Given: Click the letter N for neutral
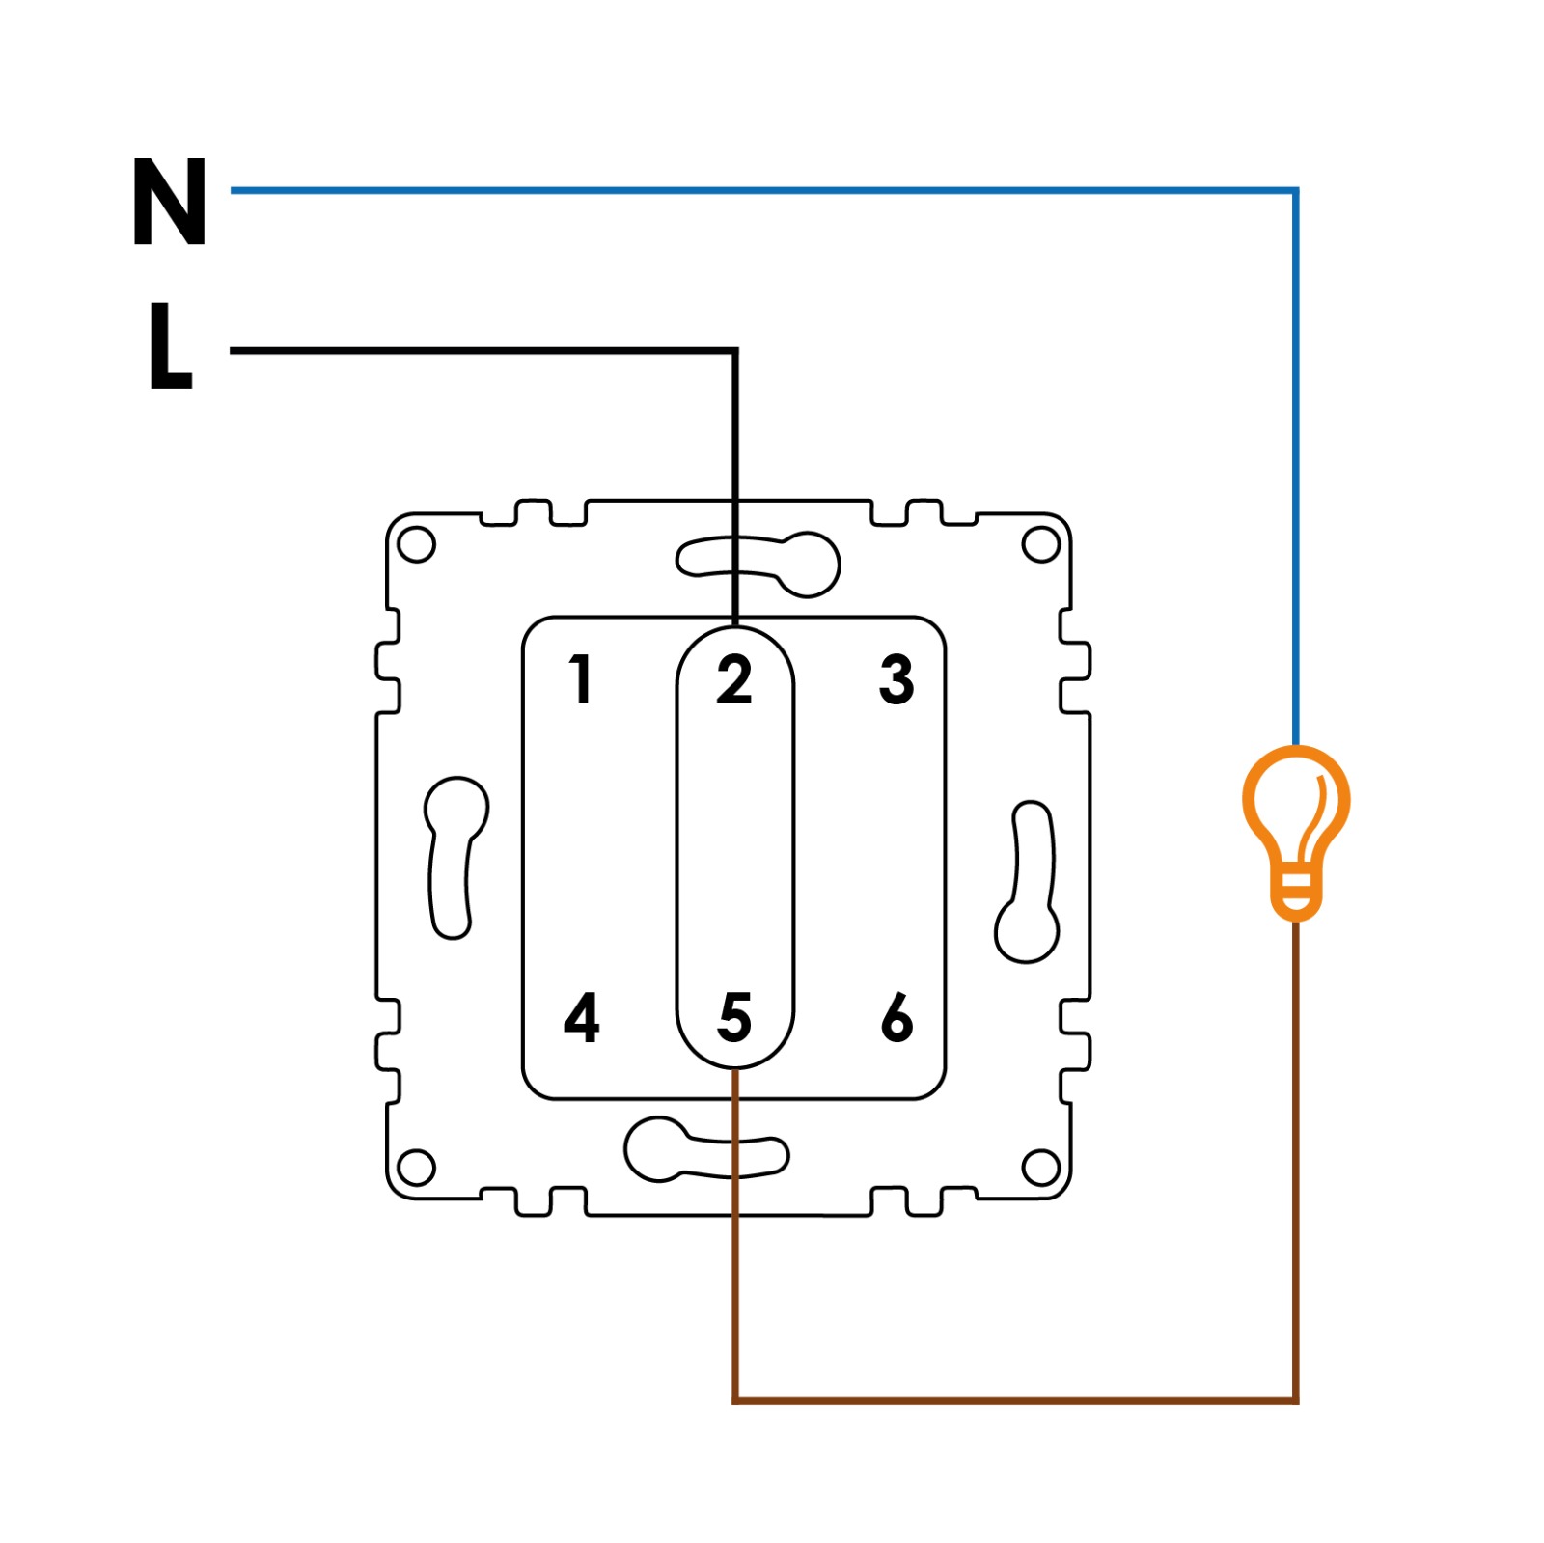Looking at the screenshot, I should (x=170, y=202).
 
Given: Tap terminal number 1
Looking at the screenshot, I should (x=580, y=678).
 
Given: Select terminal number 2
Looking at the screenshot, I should (x=734, y=679).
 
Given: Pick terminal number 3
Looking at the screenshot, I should (x=896, y=678).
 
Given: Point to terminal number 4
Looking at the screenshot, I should (x=581, y=1017).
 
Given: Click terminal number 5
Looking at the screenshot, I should (x=734, y=1017).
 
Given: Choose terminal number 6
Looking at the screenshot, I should (x=896, y=1017).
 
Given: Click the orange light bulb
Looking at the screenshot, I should (x=1295, y=820).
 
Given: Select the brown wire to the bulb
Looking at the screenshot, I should (x=1013, y=1399).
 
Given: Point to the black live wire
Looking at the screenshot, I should (x=482, y=351).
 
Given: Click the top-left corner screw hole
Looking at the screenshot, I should (x=417, y=544).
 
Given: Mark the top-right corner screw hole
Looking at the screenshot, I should (x=1040, y=544).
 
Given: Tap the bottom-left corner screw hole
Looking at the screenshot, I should (x=417, y=1168).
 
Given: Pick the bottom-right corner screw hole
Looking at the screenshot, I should (x=1040, y=1168).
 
